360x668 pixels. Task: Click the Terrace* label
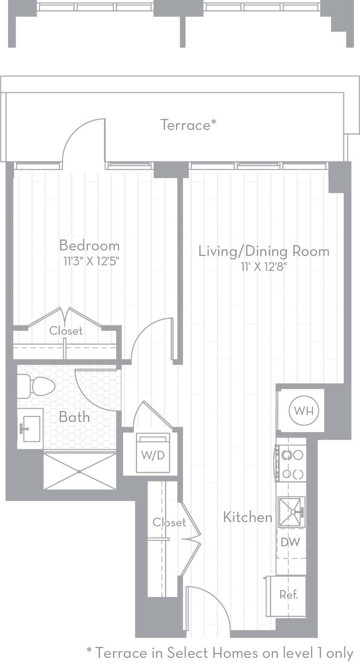pyautogui.click(x=189, y=125)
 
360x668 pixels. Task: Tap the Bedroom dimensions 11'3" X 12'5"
pyautogui.click(x=91, y=261)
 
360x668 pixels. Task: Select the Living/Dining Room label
pyautogui.click(x=264, y=251)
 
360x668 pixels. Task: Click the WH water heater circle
pyautogui.click(x=304, y=411)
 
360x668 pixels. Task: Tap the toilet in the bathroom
pyautogui.click(x=36, y=387)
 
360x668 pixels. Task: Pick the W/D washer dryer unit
pyautogui.click(x=153, y=453)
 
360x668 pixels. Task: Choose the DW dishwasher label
pyautogui.click(x=290, y=542)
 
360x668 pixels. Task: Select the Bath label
pyautogui.click(x=74, y=417)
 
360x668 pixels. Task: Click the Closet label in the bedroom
pyautogui.click(x=66, y=331)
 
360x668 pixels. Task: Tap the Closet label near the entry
pyautogui.click(x=169, y=522)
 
